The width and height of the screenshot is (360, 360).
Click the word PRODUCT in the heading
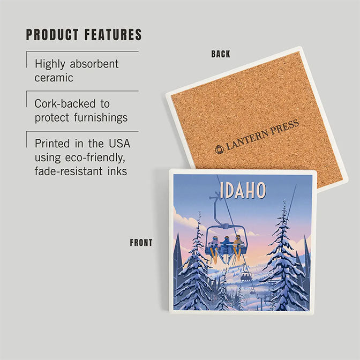(52, 35)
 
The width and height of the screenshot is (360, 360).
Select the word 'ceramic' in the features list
(54, 77)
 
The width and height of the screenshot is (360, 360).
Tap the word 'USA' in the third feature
(118, 144)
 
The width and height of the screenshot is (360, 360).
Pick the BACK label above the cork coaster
(221, 54)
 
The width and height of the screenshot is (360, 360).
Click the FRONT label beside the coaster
(141, 243)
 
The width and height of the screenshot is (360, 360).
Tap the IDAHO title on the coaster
(243, 190)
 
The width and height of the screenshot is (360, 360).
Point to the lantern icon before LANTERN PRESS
(220, 149)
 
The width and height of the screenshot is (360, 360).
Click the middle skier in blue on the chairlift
(226, 245)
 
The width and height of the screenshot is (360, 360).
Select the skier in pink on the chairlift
(215, 246)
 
